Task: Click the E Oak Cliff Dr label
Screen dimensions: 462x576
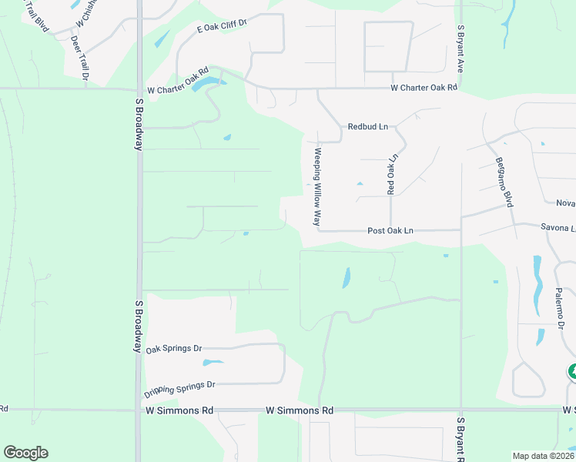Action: coord(221,26)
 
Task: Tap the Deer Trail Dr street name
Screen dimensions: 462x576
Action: coord(79,55)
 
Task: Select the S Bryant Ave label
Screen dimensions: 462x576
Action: coord(460,49)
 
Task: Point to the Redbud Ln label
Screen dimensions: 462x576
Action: coord(367,126)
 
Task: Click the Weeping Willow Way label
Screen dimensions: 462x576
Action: coord(316,186)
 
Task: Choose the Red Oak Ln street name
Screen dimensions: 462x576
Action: coord(392,174)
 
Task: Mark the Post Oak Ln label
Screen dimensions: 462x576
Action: coord(390,230)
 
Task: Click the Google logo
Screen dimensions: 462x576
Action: coord(25,453)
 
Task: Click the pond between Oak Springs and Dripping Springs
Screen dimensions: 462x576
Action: coord(212,362)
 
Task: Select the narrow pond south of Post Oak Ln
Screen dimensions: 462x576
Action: coord(346,277)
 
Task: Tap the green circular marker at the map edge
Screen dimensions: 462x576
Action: coord(572,373)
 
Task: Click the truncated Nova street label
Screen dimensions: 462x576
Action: coord(565,203)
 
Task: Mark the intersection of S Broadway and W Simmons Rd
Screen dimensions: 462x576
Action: coord(139,410)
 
